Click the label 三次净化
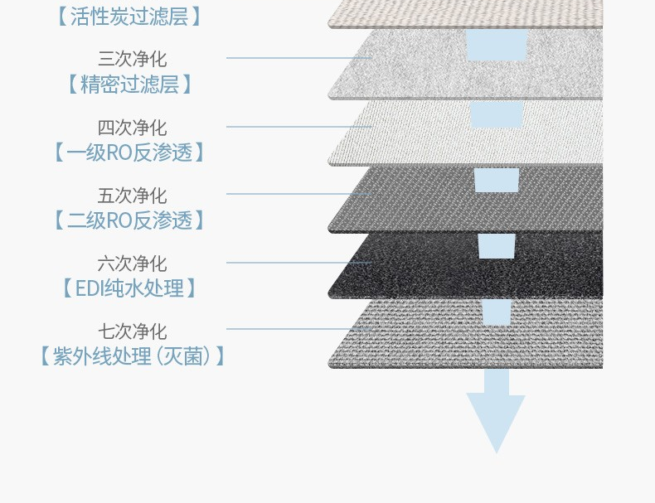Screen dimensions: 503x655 132,59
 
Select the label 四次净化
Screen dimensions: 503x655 132,128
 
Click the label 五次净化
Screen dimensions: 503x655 132,196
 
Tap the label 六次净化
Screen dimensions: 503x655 132,264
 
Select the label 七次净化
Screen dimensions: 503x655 132,331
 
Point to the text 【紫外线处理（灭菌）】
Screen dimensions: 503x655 131,356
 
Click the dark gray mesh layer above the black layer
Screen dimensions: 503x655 415,203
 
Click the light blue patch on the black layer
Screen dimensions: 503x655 497,245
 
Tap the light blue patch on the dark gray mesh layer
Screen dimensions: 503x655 497,180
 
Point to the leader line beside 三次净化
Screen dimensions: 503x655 298,58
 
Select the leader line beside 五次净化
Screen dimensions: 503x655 298,194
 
